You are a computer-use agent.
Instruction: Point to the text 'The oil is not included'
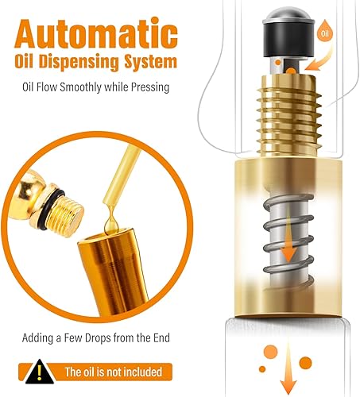pos(113,371)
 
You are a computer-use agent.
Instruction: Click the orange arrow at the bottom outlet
pos(305,364)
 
